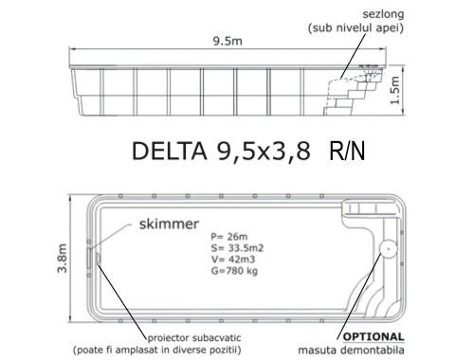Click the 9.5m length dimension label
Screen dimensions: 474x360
(x=228, y=41)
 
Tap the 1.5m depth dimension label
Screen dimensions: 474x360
(x=395, y=90)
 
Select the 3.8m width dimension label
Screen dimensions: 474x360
(x=62, y=258)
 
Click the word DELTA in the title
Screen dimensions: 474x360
(x=170, y=151)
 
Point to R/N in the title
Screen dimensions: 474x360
(x=347, y=152)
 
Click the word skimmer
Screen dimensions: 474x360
(x=169, y=224)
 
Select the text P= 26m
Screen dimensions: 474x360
(x=229, y=237)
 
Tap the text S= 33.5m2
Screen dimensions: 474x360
(x=237, y=248)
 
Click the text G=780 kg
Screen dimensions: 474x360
(x=234, y=271)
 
